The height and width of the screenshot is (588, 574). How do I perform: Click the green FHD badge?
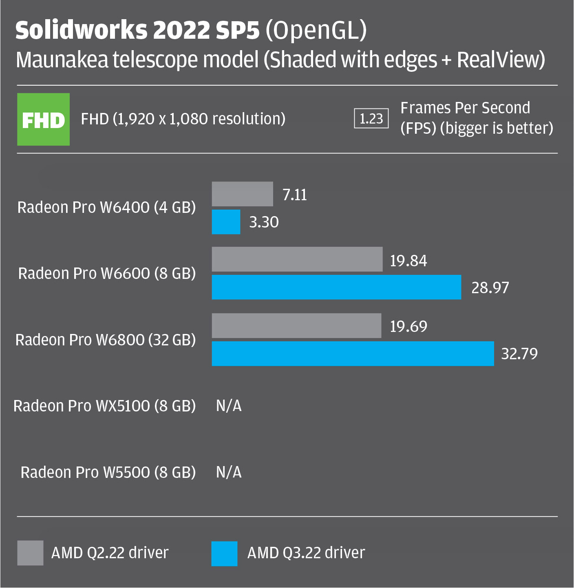tap(43, 119)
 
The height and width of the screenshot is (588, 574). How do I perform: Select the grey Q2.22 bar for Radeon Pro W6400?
tap(242, 194)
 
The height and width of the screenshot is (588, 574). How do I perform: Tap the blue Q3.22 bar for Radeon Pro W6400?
tap(226, 222)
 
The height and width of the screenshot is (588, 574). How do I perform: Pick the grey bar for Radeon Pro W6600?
tap(297, 259)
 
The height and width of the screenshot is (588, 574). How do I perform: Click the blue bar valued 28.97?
tap(336, 287)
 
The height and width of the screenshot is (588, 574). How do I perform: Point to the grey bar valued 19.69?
tap(296, 326)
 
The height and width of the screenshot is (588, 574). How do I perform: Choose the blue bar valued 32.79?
tap(353, 354)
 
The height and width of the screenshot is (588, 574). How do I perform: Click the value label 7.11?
tap(295, 195)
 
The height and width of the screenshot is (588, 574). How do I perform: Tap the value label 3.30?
tap(264, 222)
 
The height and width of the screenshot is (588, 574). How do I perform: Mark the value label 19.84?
tap(408, 261)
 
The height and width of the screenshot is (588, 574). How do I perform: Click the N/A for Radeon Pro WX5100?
tap(229, 406)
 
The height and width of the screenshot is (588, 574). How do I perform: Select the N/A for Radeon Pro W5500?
tap(229, 472)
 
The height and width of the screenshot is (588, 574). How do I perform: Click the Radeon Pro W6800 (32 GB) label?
tap(106, 340)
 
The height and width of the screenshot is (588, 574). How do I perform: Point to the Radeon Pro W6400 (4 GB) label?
tap(106, 207)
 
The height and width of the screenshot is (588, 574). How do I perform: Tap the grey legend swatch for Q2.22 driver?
tap(30, 553)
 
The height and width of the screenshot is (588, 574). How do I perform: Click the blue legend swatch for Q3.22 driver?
tap(224, 553)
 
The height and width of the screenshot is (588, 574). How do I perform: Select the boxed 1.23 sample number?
tap(371, 119)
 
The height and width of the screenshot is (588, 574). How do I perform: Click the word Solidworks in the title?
tap(81, 31)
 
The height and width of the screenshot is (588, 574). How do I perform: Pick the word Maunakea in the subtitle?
tap(62, 60)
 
